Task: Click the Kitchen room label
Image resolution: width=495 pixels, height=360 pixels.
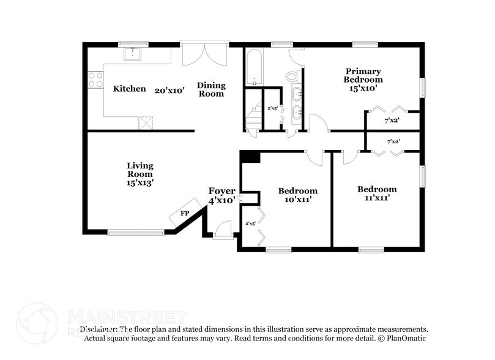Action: pos(130,89)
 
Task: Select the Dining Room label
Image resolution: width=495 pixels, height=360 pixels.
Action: pos(210,89)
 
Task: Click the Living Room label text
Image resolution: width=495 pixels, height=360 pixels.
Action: pos(140,174)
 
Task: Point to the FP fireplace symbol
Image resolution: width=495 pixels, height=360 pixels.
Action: pos(185,214)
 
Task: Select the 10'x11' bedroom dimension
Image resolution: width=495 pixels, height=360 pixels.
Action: pos(298,200)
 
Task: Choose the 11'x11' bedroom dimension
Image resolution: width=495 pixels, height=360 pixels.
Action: pos(377,198)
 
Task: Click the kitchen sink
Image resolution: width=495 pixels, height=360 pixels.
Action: pos(133,54)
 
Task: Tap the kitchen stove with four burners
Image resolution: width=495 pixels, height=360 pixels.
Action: pos(95,80)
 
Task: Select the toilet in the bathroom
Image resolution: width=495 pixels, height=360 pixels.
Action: pos(292,76)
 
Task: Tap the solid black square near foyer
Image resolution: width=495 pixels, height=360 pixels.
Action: pos(250,157)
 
